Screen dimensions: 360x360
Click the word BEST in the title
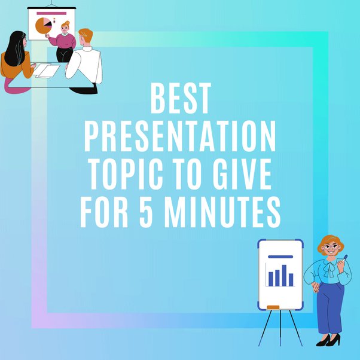click(x=180, y=99)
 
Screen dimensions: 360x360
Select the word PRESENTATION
click(x=180, y=136)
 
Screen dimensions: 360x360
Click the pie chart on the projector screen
click(x=43, y=25)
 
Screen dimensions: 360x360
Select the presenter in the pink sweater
click(x=63, y=41)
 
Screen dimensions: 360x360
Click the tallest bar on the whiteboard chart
click(x=283, y=274)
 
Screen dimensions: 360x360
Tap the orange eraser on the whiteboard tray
click(x=272, y=307)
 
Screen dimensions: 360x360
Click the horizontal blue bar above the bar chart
click(x=280, y=257)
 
